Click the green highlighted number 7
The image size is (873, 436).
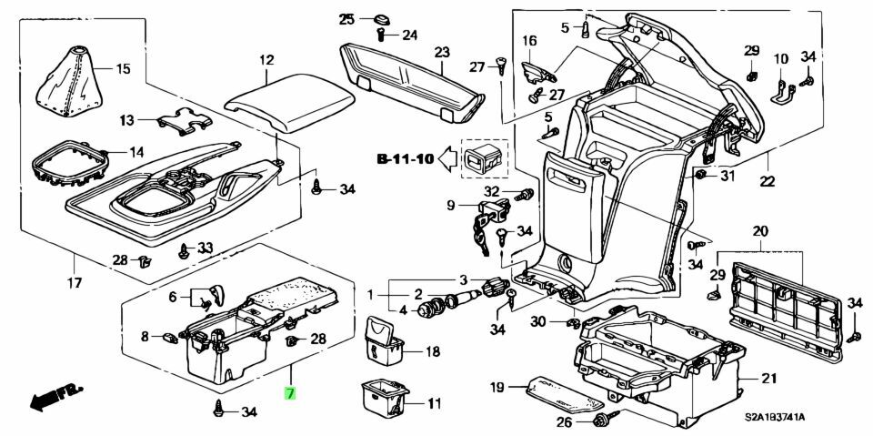pyautogui.click(x=290, y=394)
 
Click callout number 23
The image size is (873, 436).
pyautogui.click(x=442, y=52)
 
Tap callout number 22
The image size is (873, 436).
pyautogui.click(x=767, y=182)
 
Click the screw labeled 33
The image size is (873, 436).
pyautogui.click(x=186, y=248)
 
